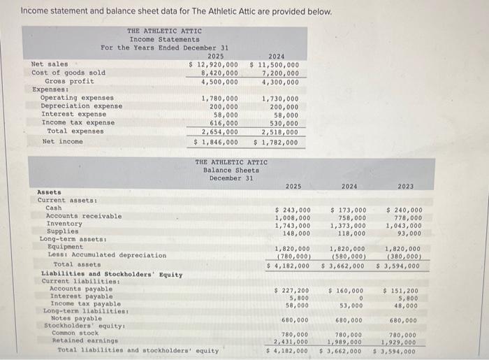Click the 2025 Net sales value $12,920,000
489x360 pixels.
[x=214, y=64]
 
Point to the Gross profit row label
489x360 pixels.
[x=65, y=81]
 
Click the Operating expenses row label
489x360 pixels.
[x=77, y=98]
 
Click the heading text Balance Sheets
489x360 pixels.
[x=231, y=170]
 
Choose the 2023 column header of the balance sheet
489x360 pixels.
[x=405, y=187]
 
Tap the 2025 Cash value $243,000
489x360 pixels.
[x=293, y=210]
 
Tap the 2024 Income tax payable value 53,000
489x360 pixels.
[x=353, y=305]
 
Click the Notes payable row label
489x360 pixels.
[x=72, y=319]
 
